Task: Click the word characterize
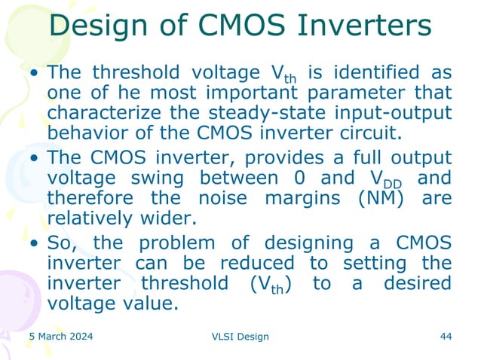pyautogui.click(x=110, y=112)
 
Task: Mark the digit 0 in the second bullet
pyautogui.click(x=328, y=178)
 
